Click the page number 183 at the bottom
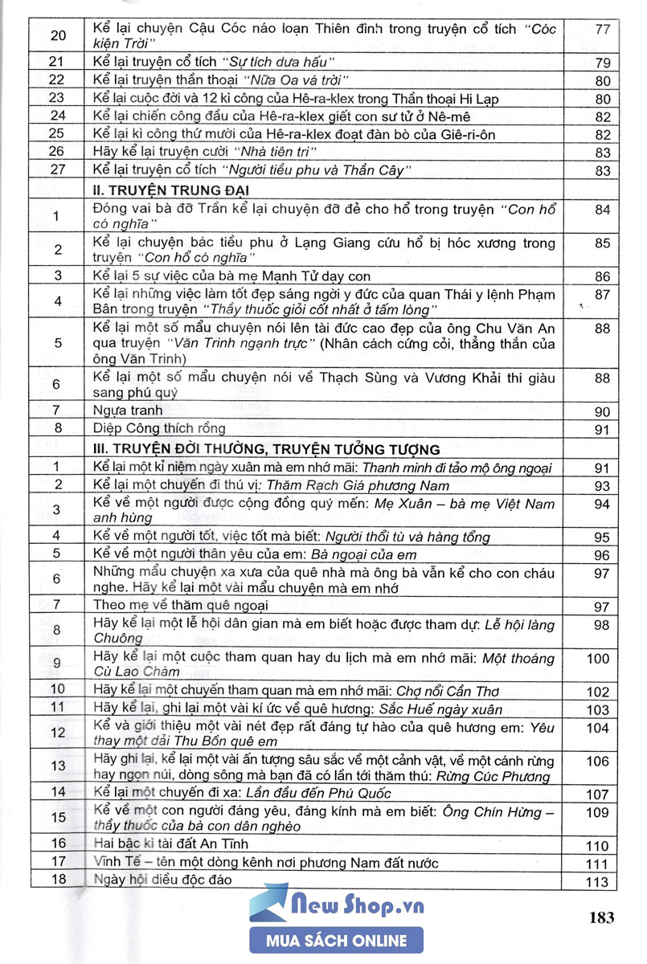[601, 917]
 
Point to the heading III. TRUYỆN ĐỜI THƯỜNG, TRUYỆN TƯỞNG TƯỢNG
[266, 448]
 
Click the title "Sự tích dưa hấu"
[278, 62]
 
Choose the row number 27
[55, 170]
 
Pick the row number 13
[55, 766]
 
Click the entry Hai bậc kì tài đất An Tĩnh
[170, 844]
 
